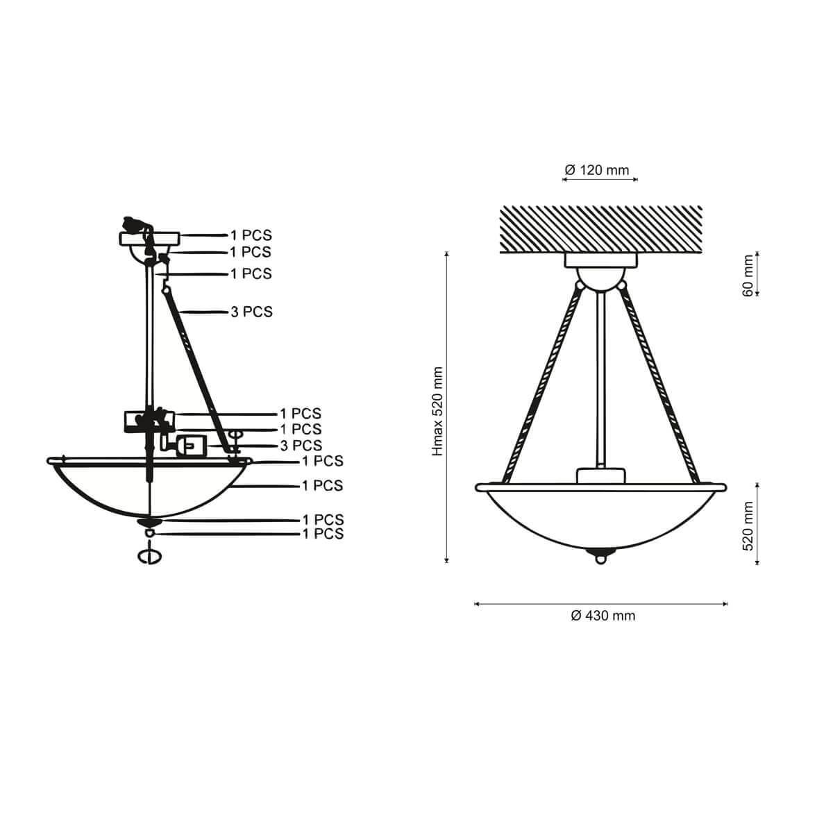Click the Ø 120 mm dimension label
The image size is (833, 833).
tap(596, 170)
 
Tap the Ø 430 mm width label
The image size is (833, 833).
tap(603, 616)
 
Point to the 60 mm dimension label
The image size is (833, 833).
tap(748, 276)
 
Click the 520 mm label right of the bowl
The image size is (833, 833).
tap(748, 525)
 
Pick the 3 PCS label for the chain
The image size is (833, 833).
tap(251, 312)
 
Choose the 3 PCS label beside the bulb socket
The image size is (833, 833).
tap(301, 445)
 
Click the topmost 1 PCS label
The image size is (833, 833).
tap(251, 235)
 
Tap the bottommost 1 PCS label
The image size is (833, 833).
tap(323, 534)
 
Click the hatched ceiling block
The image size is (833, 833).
tap(601, 229)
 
